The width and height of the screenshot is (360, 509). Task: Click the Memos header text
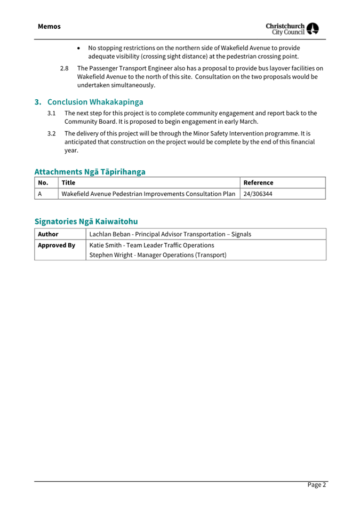pyautogui.click(x=49, y=26)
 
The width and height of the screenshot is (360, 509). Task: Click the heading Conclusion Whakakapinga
pyautogui.click(x=95, y=101)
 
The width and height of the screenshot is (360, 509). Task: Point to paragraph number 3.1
pyautogui.click(x=52, y=113)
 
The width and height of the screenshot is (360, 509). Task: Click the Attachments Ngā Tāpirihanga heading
pyautogui.click(x=90, y=171)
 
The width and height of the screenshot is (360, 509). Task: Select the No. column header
pyautogui.click(x=44, y=182)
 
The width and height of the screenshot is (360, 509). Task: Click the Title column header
pyautogui.click(x=68, y=182)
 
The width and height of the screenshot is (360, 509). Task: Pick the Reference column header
pyautogui.click(x=258, y=182)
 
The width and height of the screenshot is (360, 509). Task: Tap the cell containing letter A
pyautogui.click(x=41, y=194)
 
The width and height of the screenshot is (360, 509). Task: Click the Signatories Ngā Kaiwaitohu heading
pyautogui.click(x=86, y=221)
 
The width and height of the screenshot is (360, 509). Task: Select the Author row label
pyautogui.click(x=48, y=234)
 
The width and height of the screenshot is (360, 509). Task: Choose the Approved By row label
pyautogui.click(x=57, y=245)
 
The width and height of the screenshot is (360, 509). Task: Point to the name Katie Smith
pyautogui.click(x=106, y=245)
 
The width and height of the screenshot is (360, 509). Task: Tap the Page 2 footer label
pyautogui.click(x=316, y=484)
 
